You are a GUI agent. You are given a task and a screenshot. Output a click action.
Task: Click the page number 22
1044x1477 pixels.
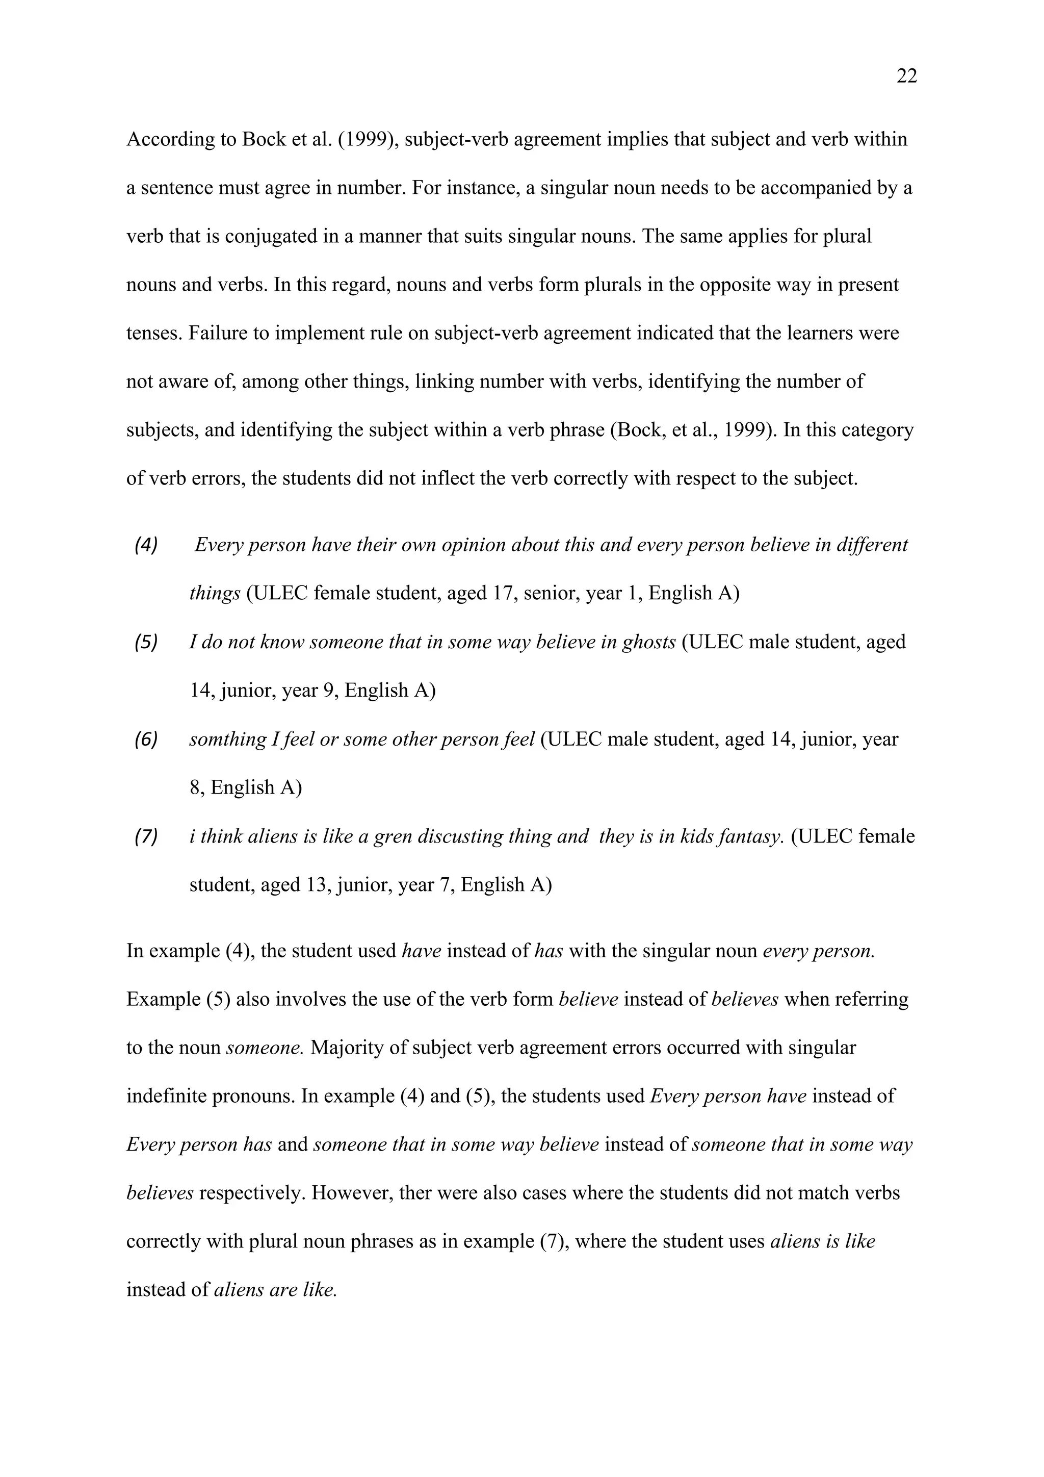(906, 77)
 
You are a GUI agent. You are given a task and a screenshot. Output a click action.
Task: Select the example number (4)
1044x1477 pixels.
(145, 545)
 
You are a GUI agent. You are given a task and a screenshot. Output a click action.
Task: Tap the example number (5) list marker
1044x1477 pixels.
(145, 642)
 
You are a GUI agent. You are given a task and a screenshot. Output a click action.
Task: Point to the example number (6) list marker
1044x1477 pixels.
(145, 739)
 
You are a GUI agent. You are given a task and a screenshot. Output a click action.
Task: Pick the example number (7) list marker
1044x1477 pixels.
(145, 836)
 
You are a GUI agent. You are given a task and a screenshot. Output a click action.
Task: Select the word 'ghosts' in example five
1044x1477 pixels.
(648, 642)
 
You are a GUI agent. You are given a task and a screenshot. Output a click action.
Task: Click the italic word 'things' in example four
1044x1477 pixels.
(214, 593)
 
